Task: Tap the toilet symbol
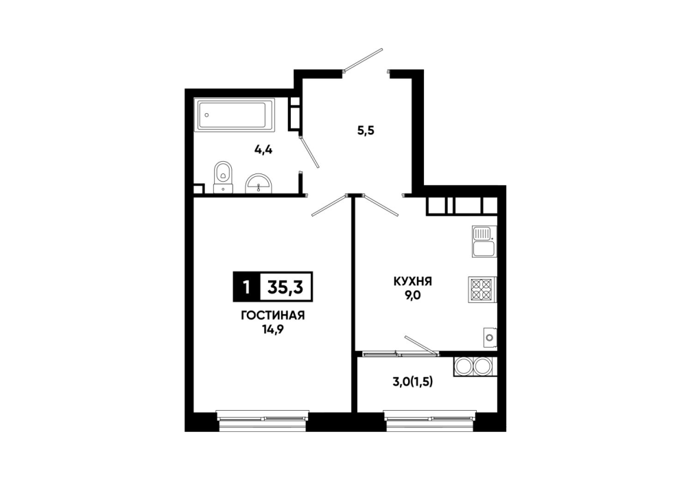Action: [223, 177]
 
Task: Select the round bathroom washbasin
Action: [259, 183]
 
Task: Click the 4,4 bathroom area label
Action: [263, 149]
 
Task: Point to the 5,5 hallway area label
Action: [366, 131]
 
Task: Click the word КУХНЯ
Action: [413, 281]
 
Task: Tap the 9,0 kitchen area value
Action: [413, 296]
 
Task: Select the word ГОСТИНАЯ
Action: [273, 315]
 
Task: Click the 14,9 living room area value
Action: [273, 330]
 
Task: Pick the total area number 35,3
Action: [286, 287]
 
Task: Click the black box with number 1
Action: [246, 287]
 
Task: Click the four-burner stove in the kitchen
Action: [482, 290]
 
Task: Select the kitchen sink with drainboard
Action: [484, 241]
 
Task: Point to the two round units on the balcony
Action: [475, 366]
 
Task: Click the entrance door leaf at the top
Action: [364, 60]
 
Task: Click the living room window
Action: [263, 417]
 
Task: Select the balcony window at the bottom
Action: [430, 417]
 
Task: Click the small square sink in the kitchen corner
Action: [490, 337]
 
